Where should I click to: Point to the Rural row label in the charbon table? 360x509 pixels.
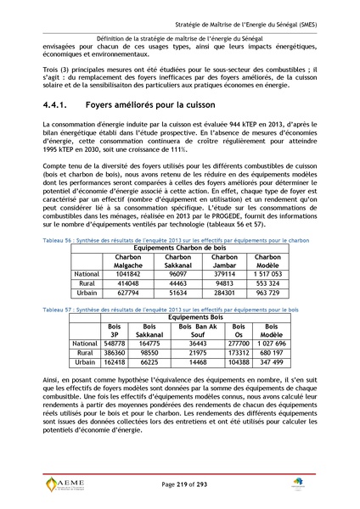click(87, 283)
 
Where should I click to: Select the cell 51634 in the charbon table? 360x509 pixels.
click(178, 293)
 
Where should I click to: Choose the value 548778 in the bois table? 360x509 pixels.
click(115, 343)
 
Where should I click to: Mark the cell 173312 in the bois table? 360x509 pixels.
click(239, 351)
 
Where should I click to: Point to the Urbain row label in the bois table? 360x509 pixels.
click(85, 361)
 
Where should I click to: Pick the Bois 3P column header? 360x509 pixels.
click(115, 331)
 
